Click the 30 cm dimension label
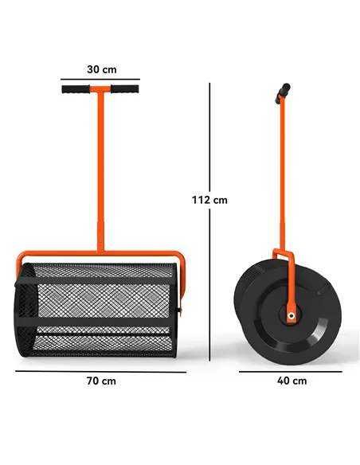tap(101, 69)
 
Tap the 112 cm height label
tap(209, 200)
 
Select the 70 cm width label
tap(101, 381)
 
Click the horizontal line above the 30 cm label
tap(101, 79)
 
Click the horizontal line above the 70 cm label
tap(101, 371)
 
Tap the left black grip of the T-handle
tap(77, 89)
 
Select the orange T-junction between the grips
tap(100, 90)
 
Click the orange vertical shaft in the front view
tap(100, 175)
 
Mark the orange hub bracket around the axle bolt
tap(289, 307)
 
